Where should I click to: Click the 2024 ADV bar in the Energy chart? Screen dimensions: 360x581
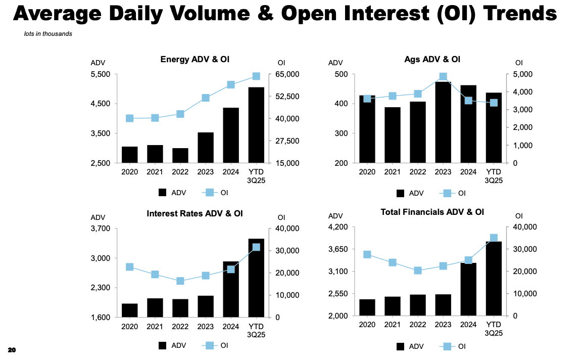[x=230, y=135]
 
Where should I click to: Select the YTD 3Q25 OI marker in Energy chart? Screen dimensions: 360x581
[x=256, y=76]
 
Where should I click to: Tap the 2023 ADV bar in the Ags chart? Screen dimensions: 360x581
[x=443, y=122]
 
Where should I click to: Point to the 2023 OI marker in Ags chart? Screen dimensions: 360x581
[x=443, y=77]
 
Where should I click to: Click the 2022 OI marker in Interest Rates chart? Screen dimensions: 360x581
[x=180, y=281]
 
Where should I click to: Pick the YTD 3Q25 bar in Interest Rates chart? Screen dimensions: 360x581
[x=256, y=278]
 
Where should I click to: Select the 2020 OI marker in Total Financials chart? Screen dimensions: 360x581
[x=367, y=254]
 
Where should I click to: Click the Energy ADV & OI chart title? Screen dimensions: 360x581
[x=195, y=60]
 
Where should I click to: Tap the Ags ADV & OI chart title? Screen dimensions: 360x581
[x=432, y=59]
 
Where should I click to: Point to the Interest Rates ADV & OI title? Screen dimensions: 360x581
[x=195, y=213]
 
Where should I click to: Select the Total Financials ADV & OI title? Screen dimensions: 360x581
[x=432, y=212]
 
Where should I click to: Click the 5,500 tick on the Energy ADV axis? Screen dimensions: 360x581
[x=101, y=74]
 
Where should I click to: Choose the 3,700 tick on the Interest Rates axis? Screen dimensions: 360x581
[x=101, y=229]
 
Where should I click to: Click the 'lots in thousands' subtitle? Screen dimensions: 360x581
[x=48, y=34]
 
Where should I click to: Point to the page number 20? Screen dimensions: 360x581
[x=12, y=350]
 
